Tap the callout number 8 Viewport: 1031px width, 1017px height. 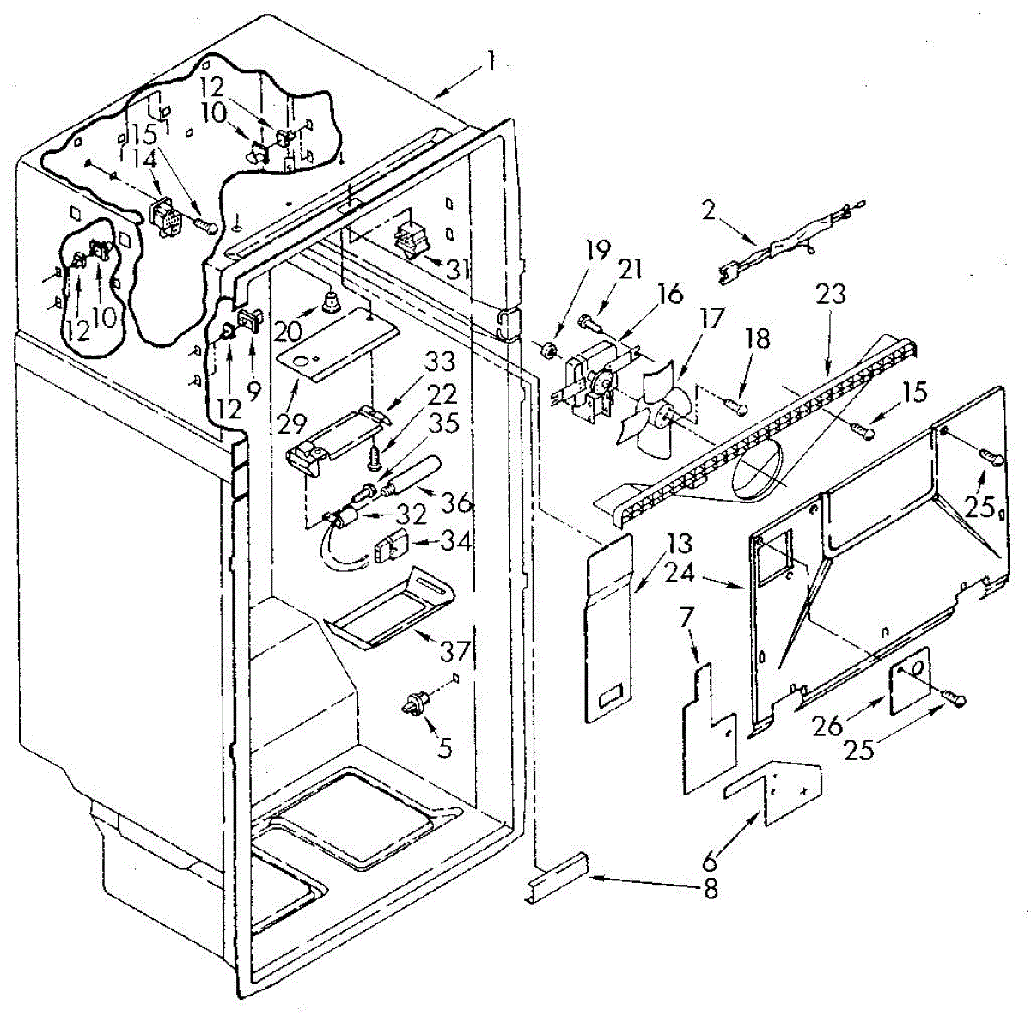click(x=710, y=892)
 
